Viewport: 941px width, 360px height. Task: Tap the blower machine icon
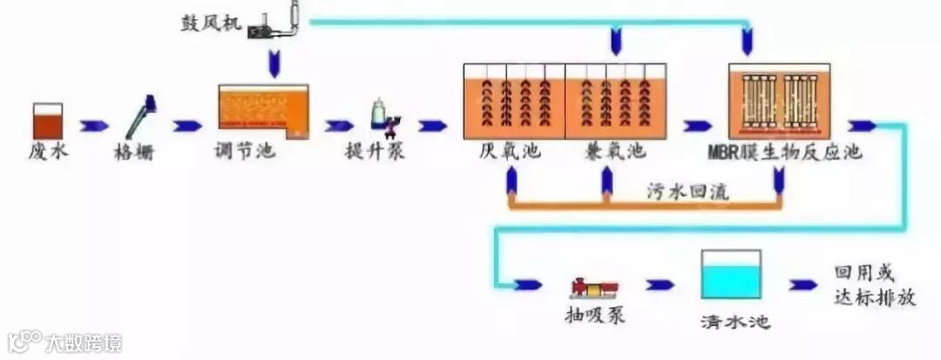(277, 22)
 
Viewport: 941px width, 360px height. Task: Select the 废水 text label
(48, 151)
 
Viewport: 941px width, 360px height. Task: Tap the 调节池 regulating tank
(262, 111)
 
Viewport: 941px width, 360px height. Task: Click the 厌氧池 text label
(510, 151)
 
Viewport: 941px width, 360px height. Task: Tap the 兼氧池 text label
(615, 151)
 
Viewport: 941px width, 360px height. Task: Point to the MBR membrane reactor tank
(779, 101)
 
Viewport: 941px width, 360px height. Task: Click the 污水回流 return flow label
(688, 191)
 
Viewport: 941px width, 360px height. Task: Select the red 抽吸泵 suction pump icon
(593, 285)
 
